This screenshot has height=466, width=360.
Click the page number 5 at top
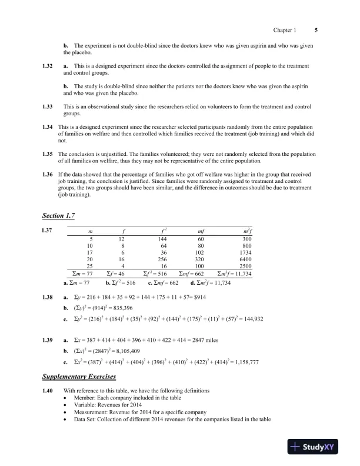tap(316, 30)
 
